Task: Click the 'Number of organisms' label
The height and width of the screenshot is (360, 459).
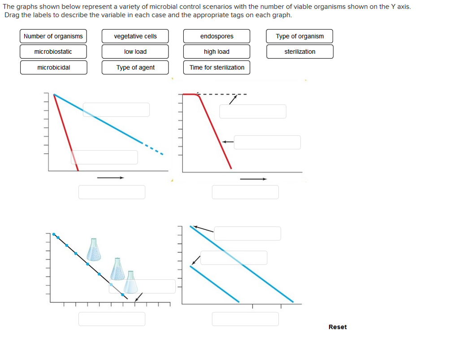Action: click(53, 36)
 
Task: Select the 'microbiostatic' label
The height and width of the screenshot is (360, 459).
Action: click(53, 52)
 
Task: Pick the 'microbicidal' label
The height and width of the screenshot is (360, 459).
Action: click(53, 68)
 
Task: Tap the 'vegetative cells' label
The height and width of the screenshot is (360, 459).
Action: click(135, 36)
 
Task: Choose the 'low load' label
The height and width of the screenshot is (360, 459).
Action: click(135, 52)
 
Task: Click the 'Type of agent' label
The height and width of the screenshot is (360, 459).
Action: click(135, 68)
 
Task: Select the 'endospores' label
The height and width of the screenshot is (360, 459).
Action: click(217, 36)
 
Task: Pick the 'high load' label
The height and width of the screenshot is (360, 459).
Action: click(217, 52)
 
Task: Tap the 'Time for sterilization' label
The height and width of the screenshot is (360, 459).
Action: click(217, 68)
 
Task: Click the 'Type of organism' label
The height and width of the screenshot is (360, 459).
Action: click(299, 36)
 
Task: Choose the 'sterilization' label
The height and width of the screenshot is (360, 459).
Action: click(299, 52)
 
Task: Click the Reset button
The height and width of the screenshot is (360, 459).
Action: click(337, 327)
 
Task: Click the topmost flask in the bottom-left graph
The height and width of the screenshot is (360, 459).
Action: click(94, 250)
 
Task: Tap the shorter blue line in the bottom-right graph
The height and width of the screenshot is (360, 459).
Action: click(214, 284)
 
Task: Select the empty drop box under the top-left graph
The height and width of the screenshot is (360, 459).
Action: click(112, 192)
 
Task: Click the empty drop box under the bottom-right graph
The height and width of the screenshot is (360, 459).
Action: click(245, 319)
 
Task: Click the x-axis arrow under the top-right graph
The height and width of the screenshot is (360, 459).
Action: click(253, 179)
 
